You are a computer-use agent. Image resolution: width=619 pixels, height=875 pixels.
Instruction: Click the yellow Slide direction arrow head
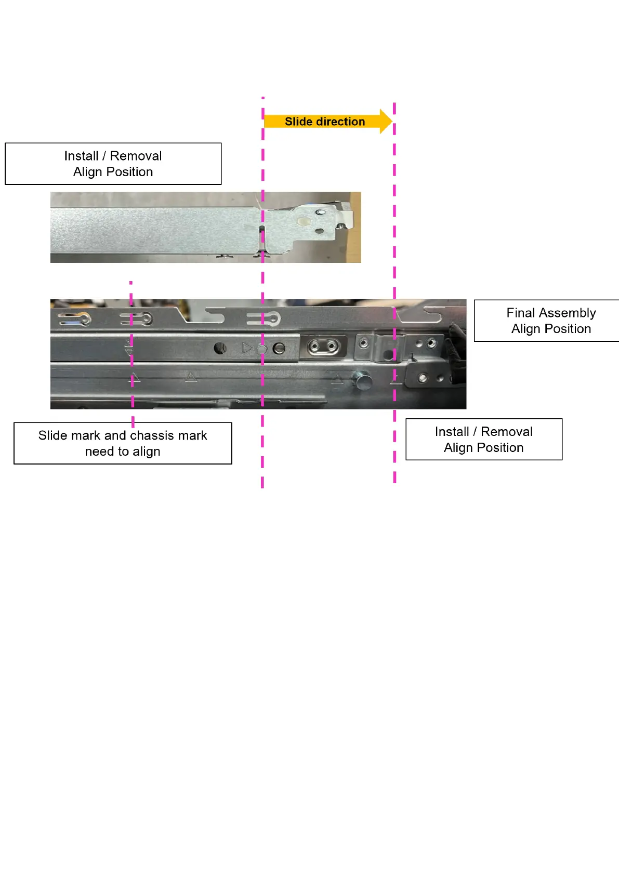385,122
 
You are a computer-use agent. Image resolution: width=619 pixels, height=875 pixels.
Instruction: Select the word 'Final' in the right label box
521,313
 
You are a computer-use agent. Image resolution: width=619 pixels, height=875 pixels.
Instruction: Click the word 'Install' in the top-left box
81,156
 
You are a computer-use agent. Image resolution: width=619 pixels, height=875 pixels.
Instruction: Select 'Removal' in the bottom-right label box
507,432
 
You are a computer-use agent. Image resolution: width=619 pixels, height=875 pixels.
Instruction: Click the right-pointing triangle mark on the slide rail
247,348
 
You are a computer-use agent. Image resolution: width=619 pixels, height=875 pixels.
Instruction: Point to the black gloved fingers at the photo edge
457,353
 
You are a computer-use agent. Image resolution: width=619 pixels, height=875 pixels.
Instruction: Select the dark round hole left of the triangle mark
220,348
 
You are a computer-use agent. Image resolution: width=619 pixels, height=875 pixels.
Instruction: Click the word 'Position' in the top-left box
129,172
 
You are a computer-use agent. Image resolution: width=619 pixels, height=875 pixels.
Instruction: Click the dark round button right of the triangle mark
279,348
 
